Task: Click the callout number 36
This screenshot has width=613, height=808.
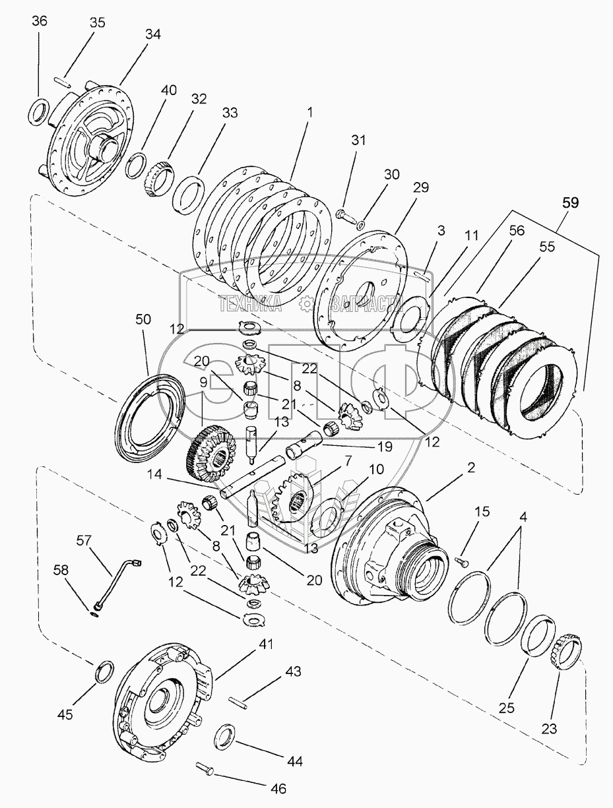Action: pos(40,21)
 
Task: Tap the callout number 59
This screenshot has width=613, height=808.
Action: pos(570,203)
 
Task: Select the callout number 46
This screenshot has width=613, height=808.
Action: pos(278,788)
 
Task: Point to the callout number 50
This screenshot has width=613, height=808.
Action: pos(143,319)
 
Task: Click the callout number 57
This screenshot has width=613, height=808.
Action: pos(84,541)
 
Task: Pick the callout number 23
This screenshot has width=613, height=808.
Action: pos(549,728)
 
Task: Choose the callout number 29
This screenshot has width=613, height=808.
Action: pos(421,187)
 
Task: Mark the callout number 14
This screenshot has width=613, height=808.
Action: pos(155,474)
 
